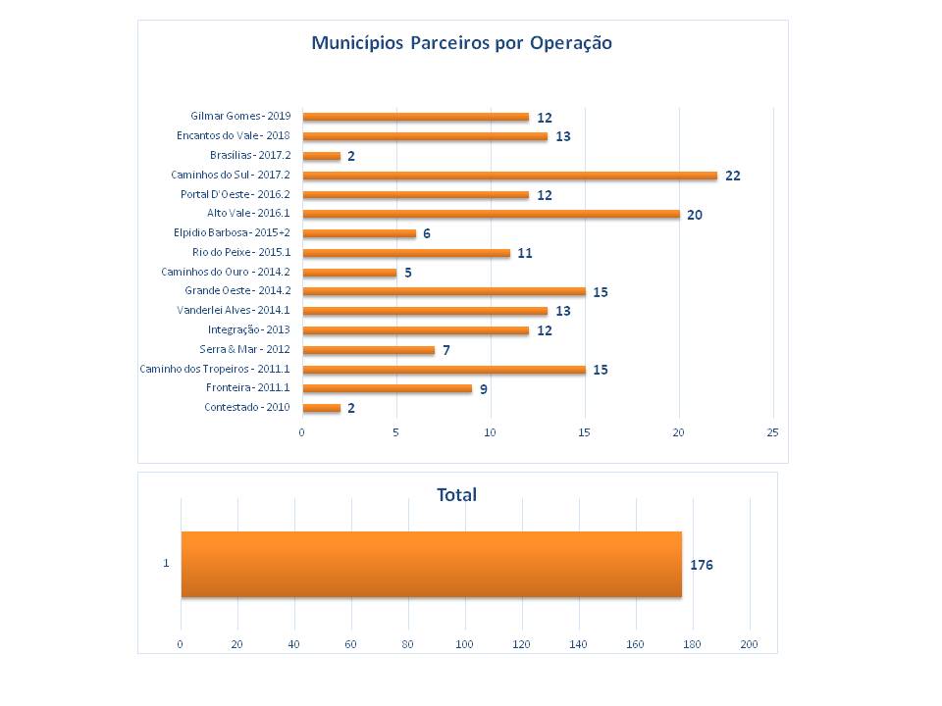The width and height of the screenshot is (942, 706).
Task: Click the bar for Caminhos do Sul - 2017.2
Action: coord(509,176)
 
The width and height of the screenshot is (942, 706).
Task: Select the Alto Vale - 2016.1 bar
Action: coord(491,214)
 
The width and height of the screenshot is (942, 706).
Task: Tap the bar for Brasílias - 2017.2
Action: coord(321,156)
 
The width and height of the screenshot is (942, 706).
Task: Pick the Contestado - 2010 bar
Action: coord(321,408)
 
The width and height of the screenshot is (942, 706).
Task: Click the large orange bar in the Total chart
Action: coord(431,564)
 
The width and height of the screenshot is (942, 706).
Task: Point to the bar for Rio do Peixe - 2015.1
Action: coord(406,253)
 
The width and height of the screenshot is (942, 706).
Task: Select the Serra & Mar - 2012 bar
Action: coord(368,350)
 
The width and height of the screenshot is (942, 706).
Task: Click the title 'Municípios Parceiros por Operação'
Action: coord(461,43)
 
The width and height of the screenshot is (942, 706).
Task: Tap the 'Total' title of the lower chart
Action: coord(457,495)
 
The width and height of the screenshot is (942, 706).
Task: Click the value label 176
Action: coord(702,566)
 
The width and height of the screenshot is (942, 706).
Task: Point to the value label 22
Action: coord(732,176)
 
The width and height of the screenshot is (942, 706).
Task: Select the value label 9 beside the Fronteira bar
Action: coord(483,389)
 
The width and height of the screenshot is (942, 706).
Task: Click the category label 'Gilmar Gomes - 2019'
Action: coord(240,117)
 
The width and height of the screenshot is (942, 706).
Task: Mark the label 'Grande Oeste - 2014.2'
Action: coord(237,291)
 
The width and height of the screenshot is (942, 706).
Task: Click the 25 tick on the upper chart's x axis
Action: coord(772,432)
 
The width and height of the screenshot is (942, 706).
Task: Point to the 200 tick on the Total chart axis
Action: coord(750,644)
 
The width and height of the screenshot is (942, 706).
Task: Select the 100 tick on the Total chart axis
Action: coord(465,644)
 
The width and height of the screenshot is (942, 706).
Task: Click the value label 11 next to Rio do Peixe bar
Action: coord(525,253)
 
